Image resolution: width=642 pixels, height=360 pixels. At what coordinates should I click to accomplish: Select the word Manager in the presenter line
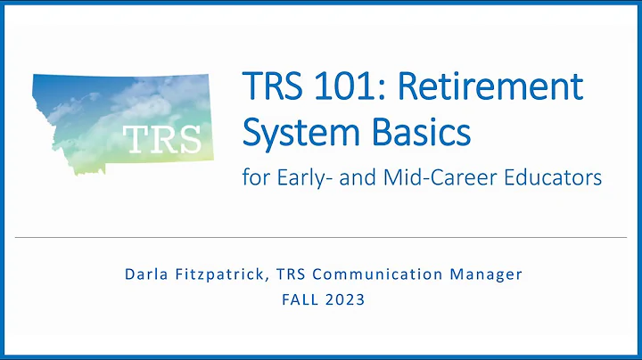coord(484,274)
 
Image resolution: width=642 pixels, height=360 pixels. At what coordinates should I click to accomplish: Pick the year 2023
coord(345,299)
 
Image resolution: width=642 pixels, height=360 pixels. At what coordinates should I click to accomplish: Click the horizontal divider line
coord(321,238)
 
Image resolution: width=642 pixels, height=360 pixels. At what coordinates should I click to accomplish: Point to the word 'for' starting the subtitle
coord(254,178)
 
